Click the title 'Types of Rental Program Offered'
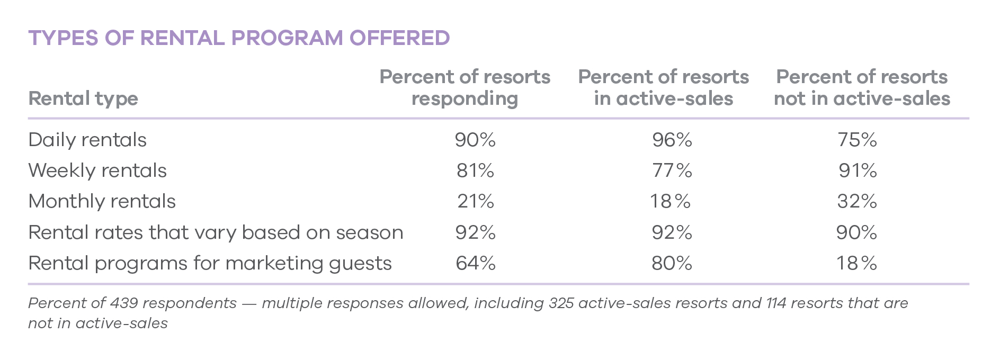[239, 38]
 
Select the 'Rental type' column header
[83, 98]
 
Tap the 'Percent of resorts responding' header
[465, 87]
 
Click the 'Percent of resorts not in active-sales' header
[862, 87]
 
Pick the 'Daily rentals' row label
[87, 140]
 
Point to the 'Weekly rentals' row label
[97, 170]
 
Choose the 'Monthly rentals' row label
[102, 201]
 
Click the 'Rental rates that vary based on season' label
[216, 232]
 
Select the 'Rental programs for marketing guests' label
[210, 263]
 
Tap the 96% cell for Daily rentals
[672, 140]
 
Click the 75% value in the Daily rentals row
[857, 140]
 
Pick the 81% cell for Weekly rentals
[475, 170]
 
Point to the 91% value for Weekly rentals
[858, 170]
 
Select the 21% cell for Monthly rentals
[475, 201]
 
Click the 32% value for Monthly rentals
[857, 201]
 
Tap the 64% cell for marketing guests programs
[475, 263]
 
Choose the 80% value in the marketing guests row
[672, 263]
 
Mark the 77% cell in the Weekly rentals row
[672, 170]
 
